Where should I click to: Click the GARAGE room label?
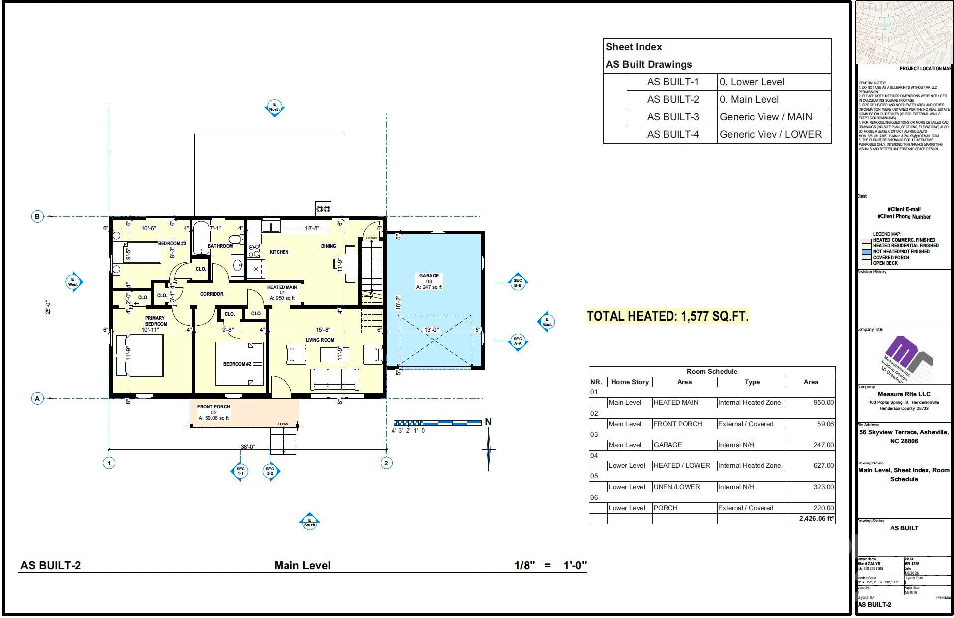(428, 276)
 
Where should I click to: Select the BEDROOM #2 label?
(237, 364)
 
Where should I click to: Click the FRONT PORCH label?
(213, 407)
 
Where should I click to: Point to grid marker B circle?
(37, 216)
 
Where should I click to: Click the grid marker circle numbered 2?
(386, 463)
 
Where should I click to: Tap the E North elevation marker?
(274, 107)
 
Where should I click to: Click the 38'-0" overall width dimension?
(248, 447)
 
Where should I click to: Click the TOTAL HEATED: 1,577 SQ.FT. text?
(668, 316)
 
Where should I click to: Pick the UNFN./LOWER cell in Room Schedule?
(676, 487)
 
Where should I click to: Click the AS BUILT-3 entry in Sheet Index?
(672, 117)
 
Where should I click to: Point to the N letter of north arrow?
(488, 422)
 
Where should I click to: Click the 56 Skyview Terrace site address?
(904, 436)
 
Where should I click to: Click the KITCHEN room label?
(279, 252)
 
